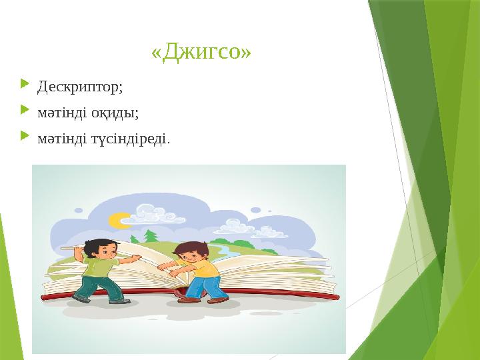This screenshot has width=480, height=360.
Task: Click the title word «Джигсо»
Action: point(201,52)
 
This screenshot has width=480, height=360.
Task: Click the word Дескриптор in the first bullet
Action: point(79,87)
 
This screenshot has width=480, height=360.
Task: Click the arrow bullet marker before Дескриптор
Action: point(25,85)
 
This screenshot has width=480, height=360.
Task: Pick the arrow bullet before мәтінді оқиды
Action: point(25,111)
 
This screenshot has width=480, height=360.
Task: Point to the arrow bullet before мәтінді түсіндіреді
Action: point(25,137)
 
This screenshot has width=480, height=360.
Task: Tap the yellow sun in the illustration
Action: point(120,219)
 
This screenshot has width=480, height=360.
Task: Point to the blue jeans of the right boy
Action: point(200,288)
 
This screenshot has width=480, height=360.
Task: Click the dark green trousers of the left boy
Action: point(97,289)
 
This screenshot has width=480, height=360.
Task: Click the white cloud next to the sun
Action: point(150,212)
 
